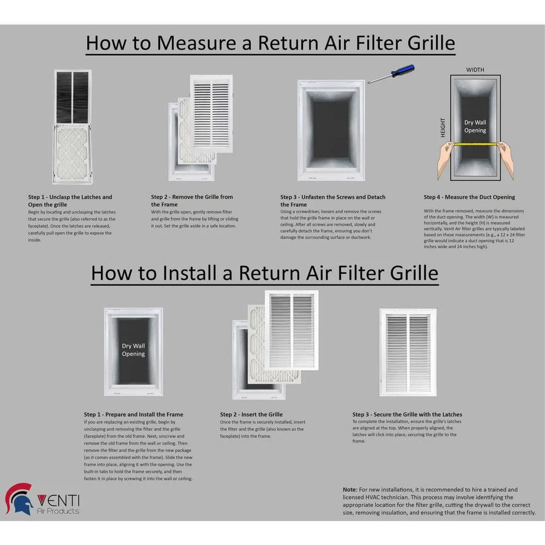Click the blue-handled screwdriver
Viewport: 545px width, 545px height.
(x=391, y=74)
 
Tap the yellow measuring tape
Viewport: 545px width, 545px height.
(x=475, y=144)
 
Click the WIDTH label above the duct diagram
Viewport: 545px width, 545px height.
(x=475, y=70)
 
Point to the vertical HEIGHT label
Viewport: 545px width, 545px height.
(x=443, y=128)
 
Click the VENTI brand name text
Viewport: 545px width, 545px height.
(x=58, y=499)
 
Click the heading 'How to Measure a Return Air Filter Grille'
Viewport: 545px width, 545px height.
(x=270, y=43)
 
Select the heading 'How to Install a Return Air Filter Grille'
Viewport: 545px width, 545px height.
(x=264, y=272)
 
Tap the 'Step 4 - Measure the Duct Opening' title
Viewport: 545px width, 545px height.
(x=469, y=197)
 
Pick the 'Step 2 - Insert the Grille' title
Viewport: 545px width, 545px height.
(x=251, y=415)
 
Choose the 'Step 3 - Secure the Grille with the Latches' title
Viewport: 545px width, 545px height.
(x=407, y=415)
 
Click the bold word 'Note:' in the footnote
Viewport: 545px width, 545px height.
(x=350, y=490)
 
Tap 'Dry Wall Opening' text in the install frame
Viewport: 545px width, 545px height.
(x=134, y=350)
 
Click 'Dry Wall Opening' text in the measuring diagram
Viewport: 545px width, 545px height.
(x=475, y=126)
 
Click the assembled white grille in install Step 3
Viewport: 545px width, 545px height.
(x=408, y=352)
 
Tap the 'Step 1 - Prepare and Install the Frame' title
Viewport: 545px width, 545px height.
(x=134, y=415)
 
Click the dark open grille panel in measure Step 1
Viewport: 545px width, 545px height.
(x=72, y=97)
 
